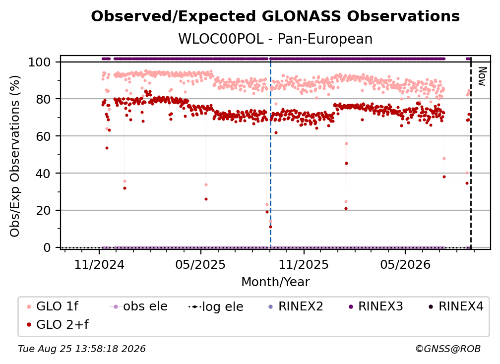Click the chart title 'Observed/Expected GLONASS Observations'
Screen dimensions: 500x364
coord(275,16)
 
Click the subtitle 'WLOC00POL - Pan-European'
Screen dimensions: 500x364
coord(275,39)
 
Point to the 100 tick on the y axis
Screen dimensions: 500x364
coord(40,62)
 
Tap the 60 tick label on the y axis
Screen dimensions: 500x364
coord(43,136)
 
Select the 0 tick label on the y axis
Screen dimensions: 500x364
coord(47,247)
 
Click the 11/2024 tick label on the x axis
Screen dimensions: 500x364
coord(99,264)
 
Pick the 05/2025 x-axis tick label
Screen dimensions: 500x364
coord(200,264)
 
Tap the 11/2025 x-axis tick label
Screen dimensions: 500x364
coord(304,264)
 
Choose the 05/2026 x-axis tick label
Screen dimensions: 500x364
coord(405,264)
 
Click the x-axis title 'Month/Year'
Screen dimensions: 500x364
coord(275,282)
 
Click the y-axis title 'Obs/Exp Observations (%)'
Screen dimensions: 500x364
coord(15,156)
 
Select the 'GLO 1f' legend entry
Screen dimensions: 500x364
coord(53,306)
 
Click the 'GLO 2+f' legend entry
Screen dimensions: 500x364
coord(58,325)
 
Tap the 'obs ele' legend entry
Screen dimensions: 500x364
coord(138,306)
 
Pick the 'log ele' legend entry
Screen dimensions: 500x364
coord(216,307)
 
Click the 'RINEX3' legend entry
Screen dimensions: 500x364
coord(376,306)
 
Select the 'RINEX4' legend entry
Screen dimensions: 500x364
coord(456,306)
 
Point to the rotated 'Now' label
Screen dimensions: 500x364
coord(482,76)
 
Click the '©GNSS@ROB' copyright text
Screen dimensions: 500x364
coord(448,349)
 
